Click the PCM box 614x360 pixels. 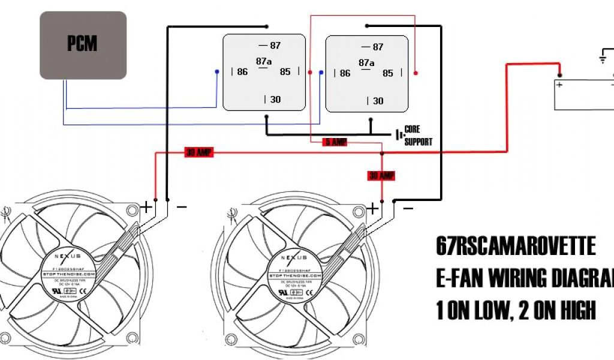point(83,45)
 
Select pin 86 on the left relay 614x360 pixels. point(241,72)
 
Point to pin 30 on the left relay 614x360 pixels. point(273,99)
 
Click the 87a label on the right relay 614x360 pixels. point(366,62)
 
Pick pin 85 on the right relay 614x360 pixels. point(388,73)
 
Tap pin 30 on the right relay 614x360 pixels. point(376,101)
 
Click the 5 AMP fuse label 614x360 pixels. point(335,142)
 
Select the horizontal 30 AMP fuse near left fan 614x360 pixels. point(199,153)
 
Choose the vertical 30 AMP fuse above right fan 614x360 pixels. point(381,176)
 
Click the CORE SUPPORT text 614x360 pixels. point(418,136)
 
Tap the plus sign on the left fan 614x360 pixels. point(146,208)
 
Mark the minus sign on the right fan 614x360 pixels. point(408,208)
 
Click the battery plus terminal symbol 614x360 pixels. point(559,85)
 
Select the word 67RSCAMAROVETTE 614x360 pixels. point(516,247)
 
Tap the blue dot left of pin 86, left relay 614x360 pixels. point(217,72)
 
